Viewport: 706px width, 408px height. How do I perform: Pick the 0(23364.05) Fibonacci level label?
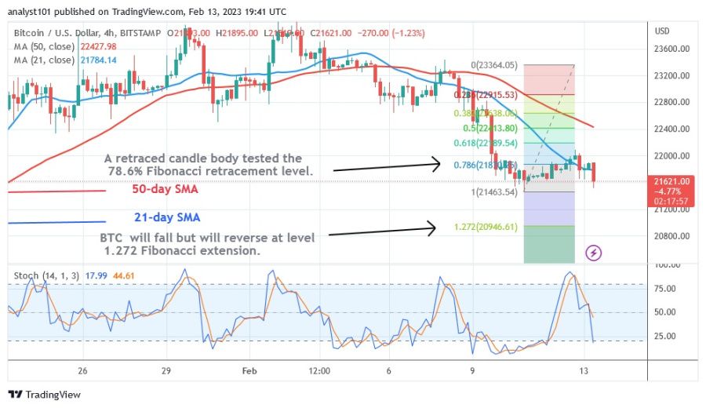click(493, 65)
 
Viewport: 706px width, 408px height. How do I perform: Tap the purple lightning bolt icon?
click(594, 253)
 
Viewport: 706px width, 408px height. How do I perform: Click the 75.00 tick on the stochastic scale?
click(665, 288)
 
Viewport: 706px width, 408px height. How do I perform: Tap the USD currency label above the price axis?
click(662, 31)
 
